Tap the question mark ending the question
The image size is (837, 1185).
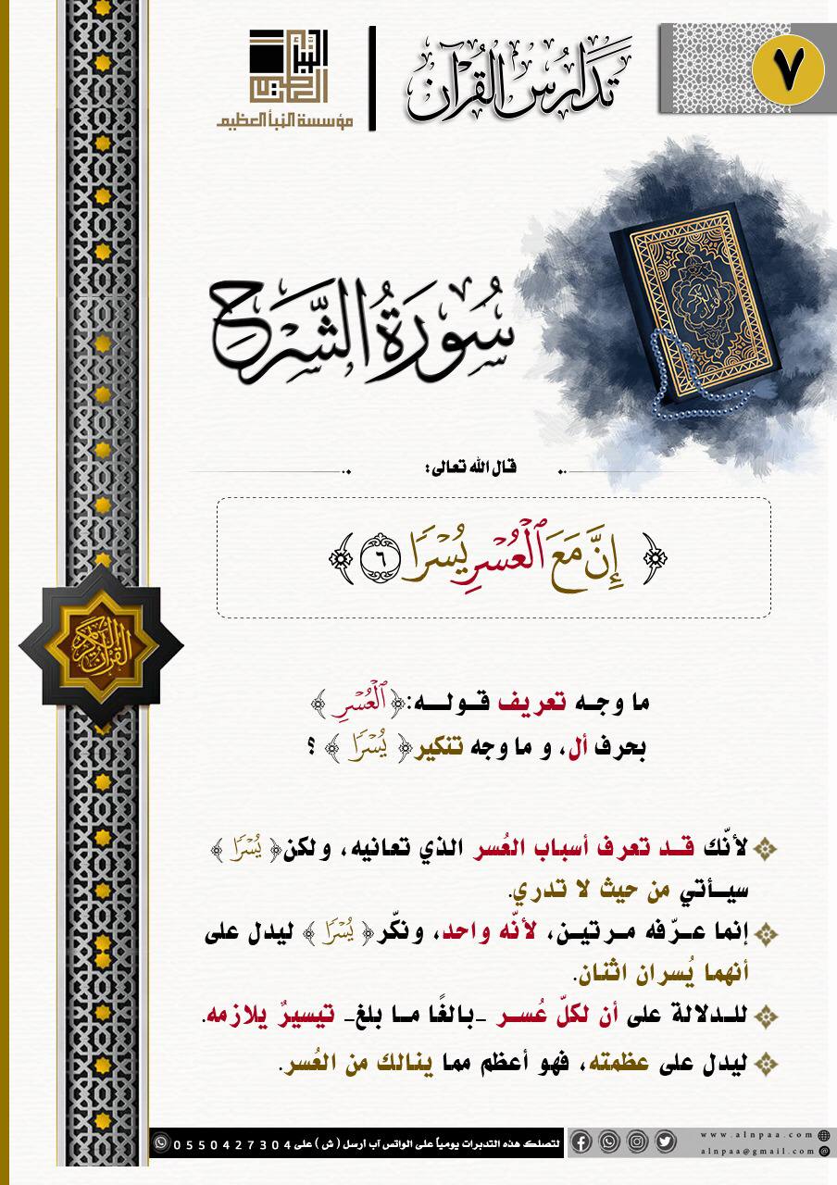326,747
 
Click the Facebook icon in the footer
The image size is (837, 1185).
581,1141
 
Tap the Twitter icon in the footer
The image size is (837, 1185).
665,1141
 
